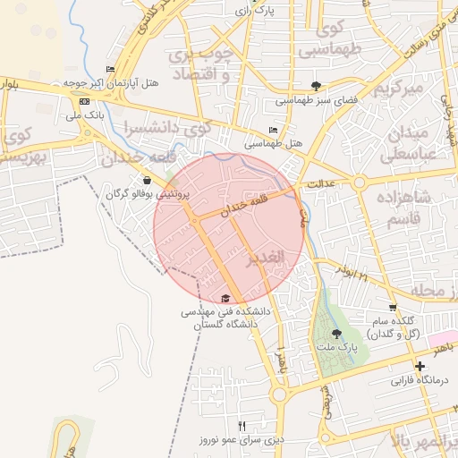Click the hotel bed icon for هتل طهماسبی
click(273, 130)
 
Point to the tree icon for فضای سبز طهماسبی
click(316, 86)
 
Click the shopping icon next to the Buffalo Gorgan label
click(147, 180)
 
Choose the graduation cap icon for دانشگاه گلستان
click(225, 298)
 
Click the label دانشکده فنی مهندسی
click(225, 312)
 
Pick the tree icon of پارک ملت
click(336, 333)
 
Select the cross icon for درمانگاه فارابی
click(420, 366)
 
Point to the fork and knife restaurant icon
click(242, 425)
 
